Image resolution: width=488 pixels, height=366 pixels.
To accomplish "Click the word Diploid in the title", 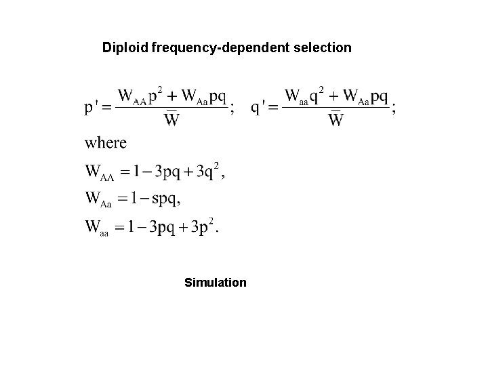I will [x=125, y=48].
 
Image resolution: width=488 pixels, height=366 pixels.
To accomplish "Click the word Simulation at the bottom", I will [x=216, y=282].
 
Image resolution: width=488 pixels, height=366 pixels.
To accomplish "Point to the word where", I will [x=105, y=143].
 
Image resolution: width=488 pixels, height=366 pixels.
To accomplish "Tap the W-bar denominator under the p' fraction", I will [x=172, y=121].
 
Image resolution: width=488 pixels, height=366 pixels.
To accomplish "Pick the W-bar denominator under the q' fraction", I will [x=335, y=121].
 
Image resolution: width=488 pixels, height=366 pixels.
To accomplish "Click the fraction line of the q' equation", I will [x=335, y=108].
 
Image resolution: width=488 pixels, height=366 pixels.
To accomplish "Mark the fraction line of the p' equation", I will [x=172, y=108].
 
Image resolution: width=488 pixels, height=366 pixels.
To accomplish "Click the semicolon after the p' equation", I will [x=233, y=110].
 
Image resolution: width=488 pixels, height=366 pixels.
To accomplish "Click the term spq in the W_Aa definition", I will [x=166, y=199].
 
